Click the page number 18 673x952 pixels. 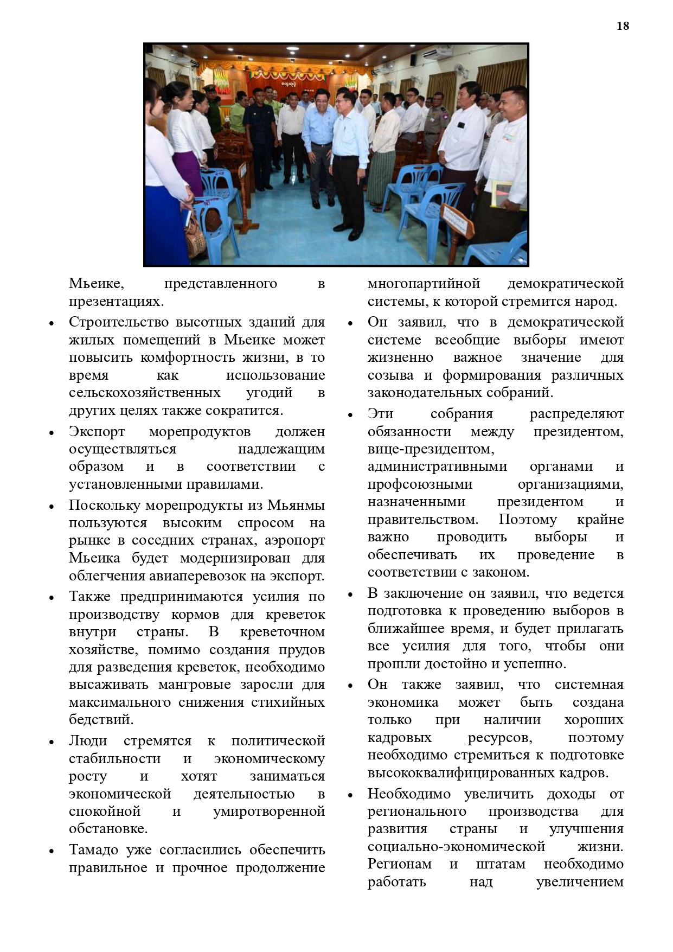(x=623, y=26)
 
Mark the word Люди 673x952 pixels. (x=88, y=741)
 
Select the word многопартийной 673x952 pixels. (x=424, y=284)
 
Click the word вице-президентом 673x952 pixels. (x=431, y=449)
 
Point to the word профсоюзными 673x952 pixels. (x=420, y=484)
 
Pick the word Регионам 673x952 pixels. (x=400, y=864)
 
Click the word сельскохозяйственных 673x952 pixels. (x=145, y=393)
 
